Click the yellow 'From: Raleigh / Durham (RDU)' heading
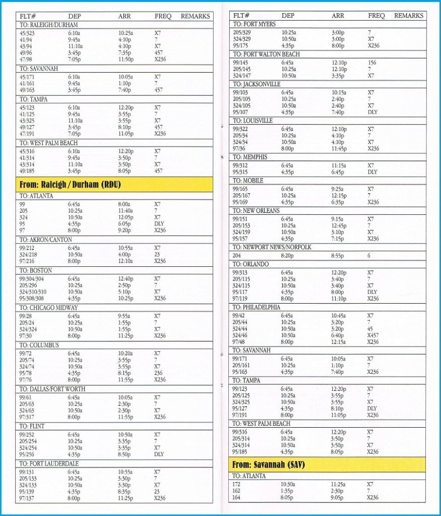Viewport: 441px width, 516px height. coord(71,184)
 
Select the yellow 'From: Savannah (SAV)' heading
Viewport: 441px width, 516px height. coord(269,464)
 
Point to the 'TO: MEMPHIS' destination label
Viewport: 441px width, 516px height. coord(250,157)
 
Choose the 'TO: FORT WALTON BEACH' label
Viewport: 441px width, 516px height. coord(266,54)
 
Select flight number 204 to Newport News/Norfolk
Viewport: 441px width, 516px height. coord(237,256)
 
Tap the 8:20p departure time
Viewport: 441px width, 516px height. coord(288,256)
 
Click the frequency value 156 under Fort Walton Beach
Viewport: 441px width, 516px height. coord(372,63)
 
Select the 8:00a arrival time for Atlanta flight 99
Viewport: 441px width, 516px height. coord(124,204)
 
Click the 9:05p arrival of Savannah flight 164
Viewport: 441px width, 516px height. coord(338,497)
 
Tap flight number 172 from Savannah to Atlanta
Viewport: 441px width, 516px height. coord(237,484)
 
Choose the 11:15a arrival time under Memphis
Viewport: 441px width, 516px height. coord(339,165)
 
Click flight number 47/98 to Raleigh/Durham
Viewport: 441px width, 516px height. coord(26,59)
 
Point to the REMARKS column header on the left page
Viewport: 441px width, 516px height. coord(195,16)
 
